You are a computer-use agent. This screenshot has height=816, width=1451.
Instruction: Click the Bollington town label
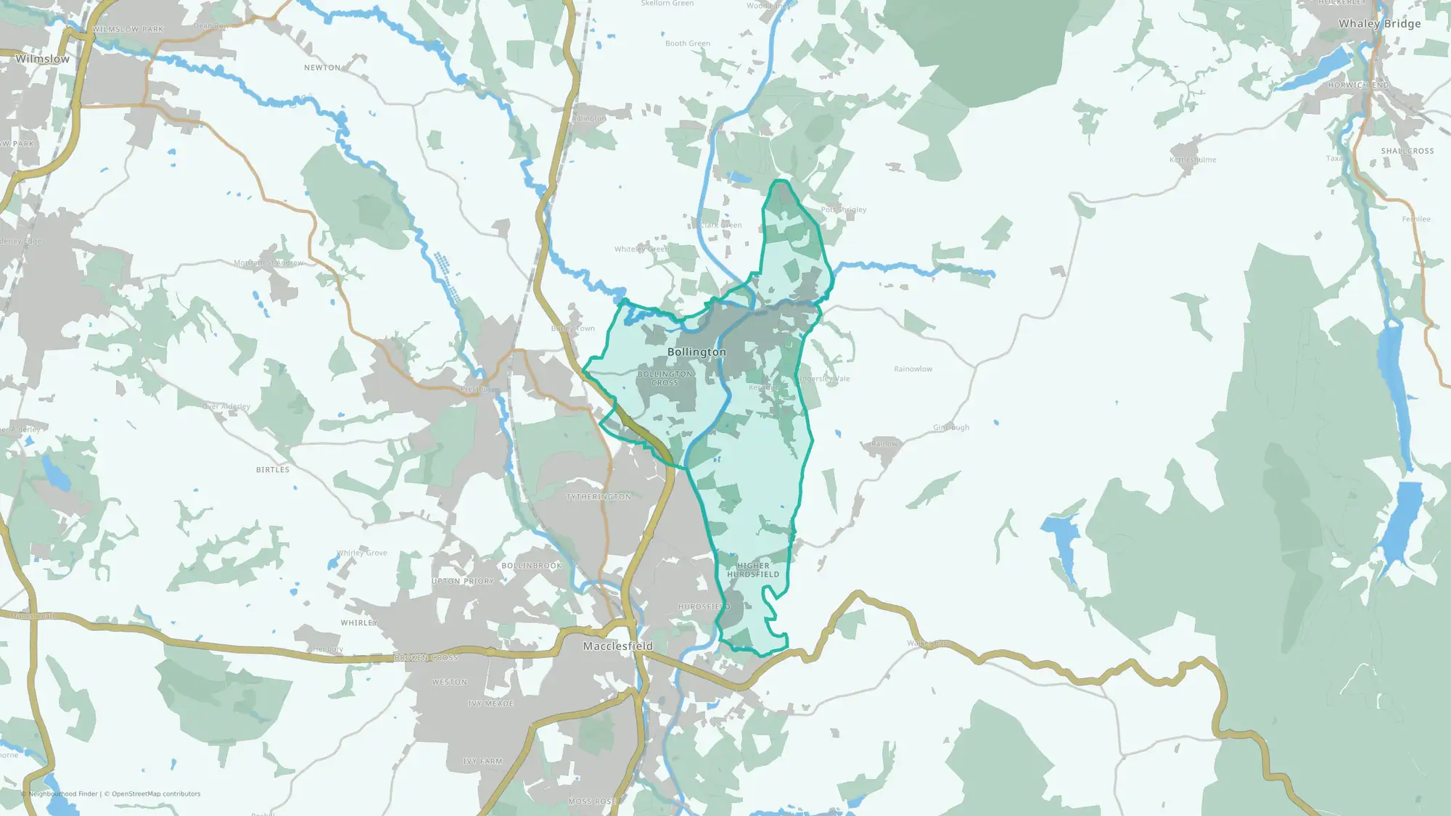pyautogui.click(x=696, y=352)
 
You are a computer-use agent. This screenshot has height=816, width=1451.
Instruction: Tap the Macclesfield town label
pyautogui.click(x=618, y=646)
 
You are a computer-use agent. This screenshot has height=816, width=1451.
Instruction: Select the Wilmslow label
pyautogui.click(x=43, y=59)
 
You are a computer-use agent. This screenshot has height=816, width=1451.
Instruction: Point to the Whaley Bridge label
pyautogui.click(x=1379, y=23)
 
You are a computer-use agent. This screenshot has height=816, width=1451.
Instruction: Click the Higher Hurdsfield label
pyautogui.click(x=753, y=569)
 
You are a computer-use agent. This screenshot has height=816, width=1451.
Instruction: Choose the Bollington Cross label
pyautogui.click(x=665, y=378)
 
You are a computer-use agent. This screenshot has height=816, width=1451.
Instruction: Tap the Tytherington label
pyautogui.click(x=599, y=497)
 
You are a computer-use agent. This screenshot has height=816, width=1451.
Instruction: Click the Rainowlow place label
pyautogui.click(x=913, y=369)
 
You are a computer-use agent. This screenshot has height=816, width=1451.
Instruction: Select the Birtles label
pyautogui.click(x=273, y=470)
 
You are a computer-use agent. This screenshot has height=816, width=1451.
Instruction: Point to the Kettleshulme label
pyautogui.click(x=1193, y=160)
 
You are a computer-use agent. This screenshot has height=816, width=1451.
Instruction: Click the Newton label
pyautogui.click(x=322, y=67)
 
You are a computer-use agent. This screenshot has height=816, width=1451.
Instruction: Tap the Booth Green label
pyautogui.click(x=688, y=44)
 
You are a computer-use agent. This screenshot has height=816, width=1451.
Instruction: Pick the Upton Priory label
pyautogui.click(x=463, y=581)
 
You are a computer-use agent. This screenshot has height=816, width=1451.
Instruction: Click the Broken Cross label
pyautogui.click(x=426, y=658)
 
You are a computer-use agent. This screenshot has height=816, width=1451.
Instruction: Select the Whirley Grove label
pyautogui.click(x=362, y=553)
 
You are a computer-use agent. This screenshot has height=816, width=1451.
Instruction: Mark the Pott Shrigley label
pyautogui.click(x=844, y=210)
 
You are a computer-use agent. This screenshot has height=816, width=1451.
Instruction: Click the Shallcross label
pyautogui.click(x=1407, y=151)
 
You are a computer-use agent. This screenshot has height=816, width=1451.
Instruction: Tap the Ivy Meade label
pyautogui.click(x=490, y=704)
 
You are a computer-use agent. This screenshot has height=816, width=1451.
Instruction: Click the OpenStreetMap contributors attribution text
pyautogui.click(x=156, y=794)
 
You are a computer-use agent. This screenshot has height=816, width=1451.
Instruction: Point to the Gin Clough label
pyautogui.click(x=951, y=427)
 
